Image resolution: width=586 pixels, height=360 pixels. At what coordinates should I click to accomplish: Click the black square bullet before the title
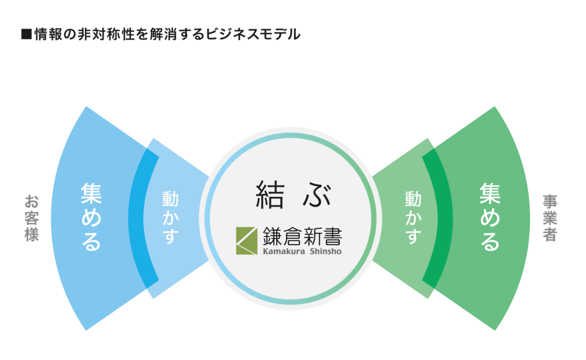click(26, 34)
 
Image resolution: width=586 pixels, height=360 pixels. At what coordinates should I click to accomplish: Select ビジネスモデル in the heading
click(253, 34)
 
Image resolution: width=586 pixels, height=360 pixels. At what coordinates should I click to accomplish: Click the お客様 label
click(32, 218)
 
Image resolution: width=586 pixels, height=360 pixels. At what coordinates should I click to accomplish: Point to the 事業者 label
click(550, 218)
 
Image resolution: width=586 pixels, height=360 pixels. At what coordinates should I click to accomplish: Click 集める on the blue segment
click(91, 216)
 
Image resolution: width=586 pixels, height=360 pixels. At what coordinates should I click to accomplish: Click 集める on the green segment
click(490, 216)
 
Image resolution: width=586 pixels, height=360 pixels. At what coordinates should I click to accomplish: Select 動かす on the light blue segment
click(170, 217)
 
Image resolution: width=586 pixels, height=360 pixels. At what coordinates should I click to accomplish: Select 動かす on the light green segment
click(413, 217)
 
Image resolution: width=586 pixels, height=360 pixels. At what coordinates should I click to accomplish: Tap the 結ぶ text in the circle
click(294, 195)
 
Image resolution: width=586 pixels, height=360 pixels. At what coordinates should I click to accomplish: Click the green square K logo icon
click(247, 241)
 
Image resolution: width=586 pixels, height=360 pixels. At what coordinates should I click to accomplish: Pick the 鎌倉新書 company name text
click(302, 236)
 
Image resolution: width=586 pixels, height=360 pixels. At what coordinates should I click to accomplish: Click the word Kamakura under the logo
click(284, 251)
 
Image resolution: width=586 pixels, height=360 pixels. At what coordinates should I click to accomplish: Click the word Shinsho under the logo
click(326, 251)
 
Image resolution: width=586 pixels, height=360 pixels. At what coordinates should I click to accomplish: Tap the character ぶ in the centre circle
click(317, 195)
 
